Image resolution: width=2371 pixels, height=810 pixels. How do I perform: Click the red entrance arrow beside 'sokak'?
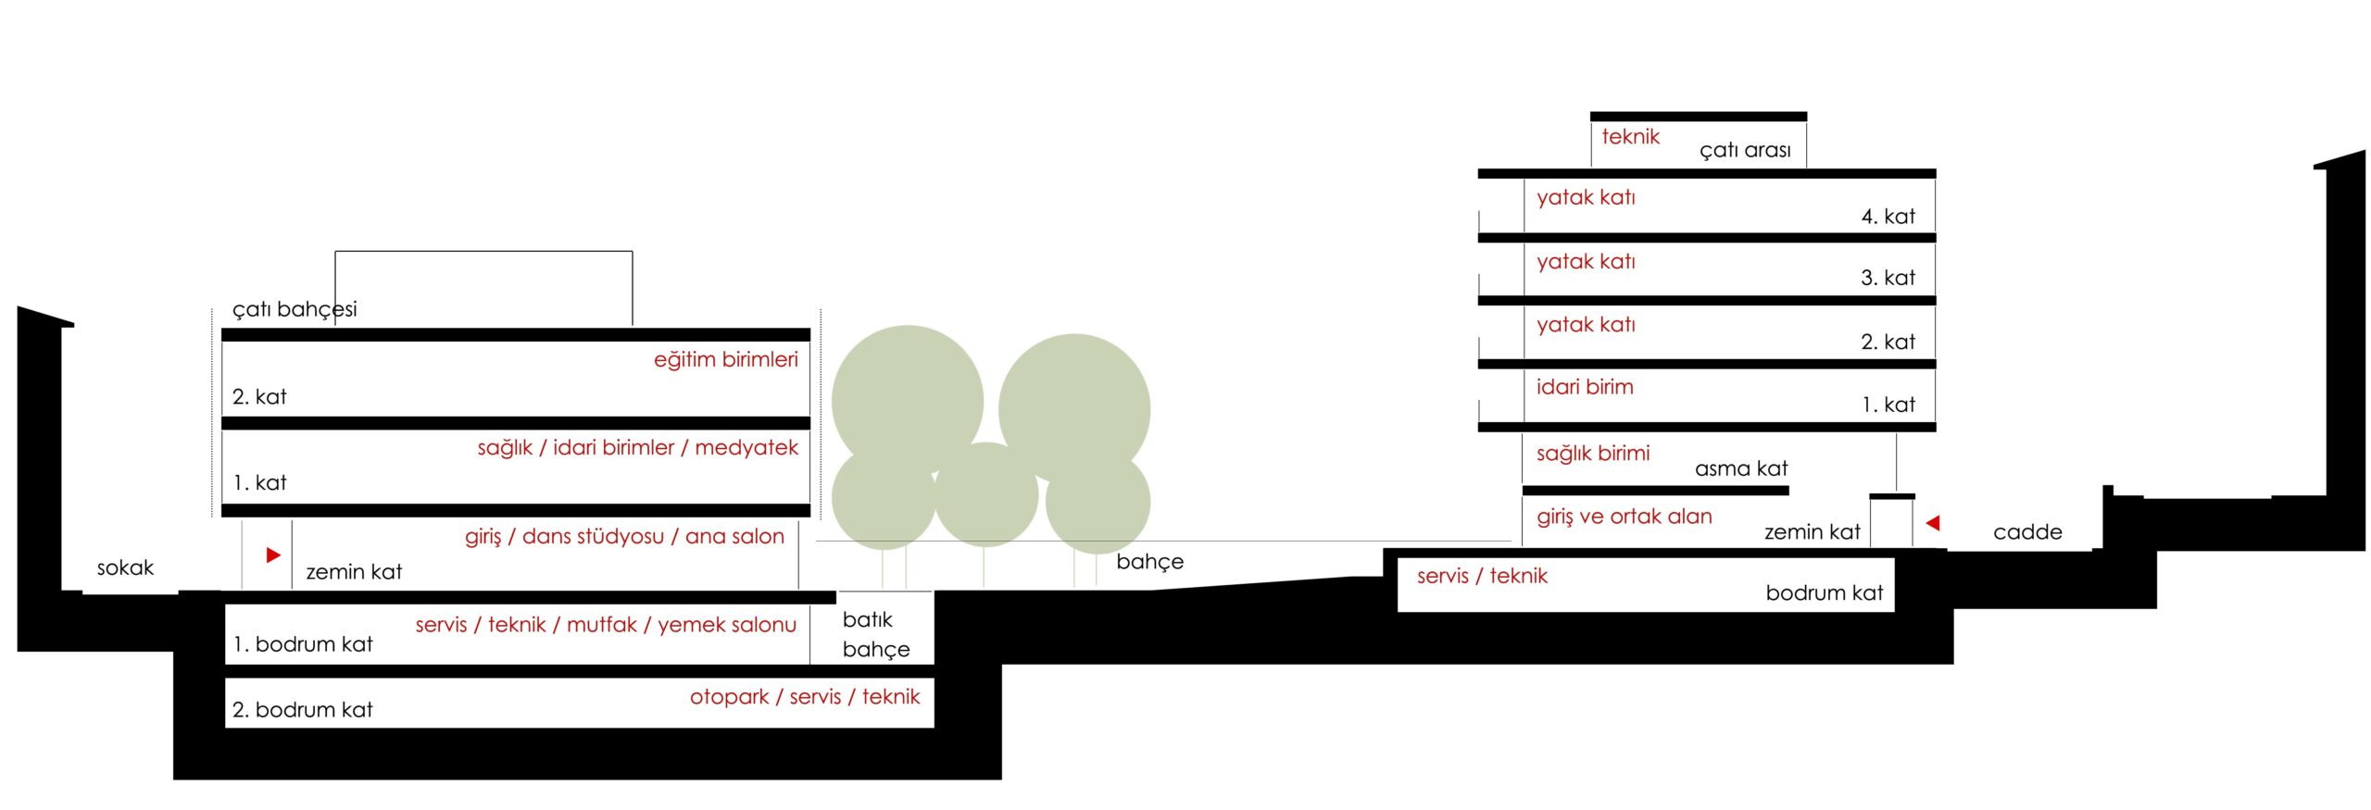pos(273,555)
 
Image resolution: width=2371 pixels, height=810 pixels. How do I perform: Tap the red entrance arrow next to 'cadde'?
pos(1933,523)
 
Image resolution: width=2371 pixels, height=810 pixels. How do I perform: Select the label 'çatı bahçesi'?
pos(295,309)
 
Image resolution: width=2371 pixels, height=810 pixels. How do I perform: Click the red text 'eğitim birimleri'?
pos(726,360)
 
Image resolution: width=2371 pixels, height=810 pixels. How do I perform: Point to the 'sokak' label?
pos(125,567)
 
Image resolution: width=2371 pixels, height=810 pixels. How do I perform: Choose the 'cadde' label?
pos(2027,532)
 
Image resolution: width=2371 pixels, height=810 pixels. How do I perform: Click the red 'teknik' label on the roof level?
pos(1631,137)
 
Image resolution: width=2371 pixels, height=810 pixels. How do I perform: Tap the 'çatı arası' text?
pos(1745,150)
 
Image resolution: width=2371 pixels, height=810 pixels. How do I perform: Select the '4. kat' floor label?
pos(1888,217)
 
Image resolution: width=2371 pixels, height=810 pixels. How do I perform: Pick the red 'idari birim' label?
pos(1585,387)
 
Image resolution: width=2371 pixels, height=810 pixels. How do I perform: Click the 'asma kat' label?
pos(1741,468)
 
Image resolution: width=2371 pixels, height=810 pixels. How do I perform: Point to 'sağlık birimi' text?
pos(1593,454)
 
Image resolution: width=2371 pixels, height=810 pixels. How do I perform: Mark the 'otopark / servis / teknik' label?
pos(805,697)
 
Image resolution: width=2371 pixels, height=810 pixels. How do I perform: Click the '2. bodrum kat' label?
pos(302,710)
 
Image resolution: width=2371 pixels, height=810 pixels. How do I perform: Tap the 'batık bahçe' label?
pos(876,634)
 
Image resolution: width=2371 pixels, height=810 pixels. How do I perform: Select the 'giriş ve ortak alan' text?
pos(1625,517)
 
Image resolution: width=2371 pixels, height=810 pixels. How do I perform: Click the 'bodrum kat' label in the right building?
pos(1825,593)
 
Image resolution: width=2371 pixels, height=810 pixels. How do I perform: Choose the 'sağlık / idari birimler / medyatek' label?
pos(638,448)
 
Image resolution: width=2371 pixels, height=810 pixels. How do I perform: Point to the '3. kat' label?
pos(1888,278)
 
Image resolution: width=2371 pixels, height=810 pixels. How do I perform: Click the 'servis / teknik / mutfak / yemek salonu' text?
pos(606,625)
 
